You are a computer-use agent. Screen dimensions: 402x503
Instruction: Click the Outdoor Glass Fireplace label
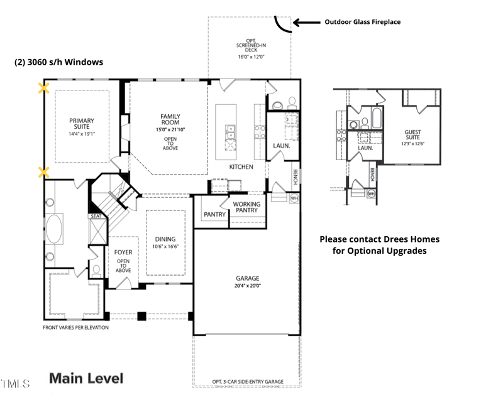coord(362,22)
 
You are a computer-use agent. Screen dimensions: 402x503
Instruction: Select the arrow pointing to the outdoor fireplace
coord(306,22)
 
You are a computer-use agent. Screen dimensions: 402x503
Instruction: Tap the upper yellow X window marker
coord(43,88)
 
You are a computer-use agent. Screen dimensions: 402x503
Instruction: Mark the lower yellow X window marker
coord(43,171)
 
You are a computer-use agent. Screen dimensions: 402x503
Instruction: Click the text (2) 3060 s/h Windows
coord(58,62)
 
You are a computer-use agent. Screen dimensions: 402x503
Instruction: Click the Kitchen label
coord(241,167)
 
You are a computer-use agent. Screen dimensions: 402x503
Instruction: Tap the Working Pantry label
coord(246,208)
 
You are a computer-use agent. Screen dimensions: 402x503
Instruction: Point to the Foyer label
coord(123,253)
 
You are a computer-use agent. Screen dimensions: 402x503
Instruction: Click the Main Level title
coord(86,378)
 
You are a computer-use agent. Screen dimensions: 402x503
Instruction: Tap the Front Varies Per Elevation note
coord(75,328)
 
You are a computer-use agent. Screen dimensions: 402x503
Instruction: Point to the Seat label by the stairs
coord(96,216)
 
